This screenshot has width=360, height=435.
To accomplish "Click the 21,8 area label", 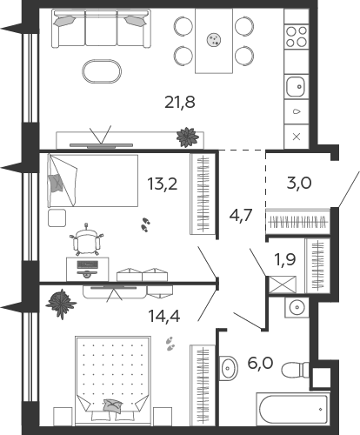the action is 180,103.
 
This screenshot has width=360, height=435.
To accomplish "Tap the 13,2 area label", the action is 163,184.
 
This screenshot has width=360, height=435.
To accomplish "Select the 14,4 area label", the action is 164,316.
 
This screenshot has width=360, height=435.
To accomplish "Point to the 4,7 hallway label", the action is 241,215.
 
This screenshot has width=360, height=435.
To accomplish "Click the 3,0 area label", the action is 299,183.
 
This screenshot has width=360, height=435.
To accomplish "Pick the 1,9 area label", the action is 285,259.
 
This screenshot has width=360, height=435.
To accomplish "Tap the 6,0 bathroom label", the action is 260,363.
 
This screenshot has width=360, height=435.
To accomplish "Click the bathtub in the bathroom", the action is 293,409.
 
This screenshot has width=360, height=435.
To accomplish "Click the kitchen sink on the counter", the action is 296,86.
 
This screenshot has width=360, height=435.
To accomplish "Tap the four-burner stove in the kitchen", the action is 297,37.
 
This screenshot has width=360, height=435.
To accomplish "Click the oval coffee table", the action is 102,71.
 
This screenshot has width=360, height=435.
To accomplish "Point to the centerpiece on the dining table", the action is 214,39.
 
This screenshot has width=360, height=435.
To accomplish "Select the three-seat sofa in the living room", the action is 102,29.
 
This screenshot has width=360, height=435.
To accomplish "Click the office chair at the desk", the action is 86,240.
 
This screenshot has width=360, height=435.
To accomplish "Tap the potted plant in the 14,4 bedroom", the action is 61,304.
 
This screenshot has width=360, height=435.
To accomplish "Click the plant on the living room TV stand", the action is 188,137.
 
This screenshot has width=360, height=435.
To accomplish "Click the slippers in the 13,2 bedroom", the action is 145,224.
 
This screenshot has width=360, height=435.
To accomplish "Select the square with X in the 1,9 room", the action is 283,284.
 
